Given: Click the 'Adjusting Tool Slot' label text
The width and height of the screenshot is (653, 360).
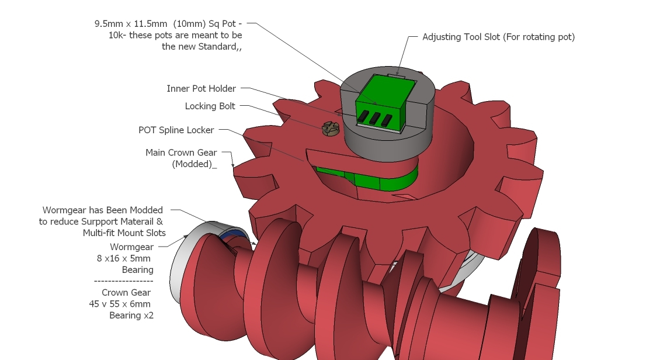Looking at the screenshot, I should pos(498,37).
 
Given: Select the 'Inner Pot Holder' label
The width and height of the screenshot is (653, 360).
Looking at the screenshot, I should pos(201,89).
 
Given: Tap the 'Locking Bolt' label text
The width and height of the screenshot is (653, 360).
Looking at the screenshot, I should pos(210,106).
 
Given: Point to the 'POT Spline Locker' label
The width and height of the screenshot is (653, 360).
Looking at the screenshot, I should pos(176,130).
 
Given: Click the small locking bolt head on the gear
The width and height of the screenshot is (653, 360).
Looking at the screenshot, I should pos(330,130).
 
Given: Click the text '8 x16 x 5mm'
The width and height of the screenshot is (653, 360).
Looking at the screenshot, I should pos(123,258).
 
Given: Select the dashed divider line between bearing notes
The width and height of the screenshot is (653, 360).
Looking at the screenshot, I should pos(123,281).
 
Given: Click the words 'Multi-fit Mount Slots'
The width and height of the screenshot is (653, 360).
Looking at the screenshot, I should pos(124,233).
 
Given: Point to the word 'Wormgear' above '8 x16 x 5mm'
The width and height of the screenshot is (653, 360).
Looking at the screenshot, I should pos(132,247).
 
